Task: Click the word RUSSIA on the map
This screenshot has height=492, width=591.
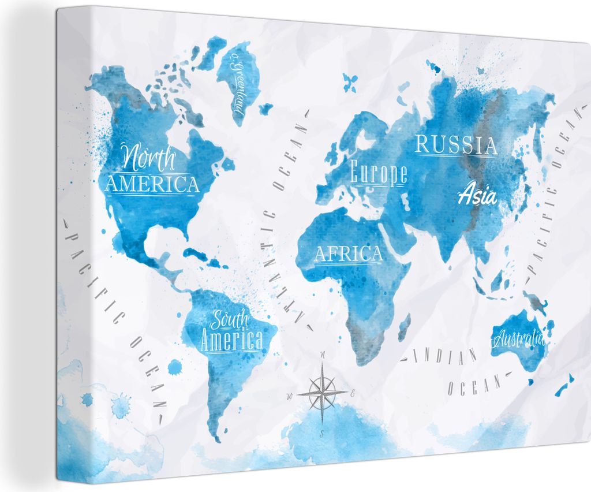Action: pos(456,144)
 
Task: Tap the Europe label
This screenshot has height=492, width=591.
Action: pos(379,173)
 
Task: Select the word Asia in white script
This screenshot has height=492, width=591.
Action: pos(477,195)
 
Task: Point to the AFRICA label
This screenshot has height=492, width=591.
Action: pos(348,254)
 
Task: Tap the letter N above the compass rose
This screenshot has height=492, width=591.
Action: pos(324,355)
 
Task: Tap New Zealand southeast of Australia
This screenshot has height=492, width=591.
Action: pos(563,384)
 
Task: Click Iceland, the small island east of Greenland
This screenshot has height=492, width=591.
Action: pos(265,108)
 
